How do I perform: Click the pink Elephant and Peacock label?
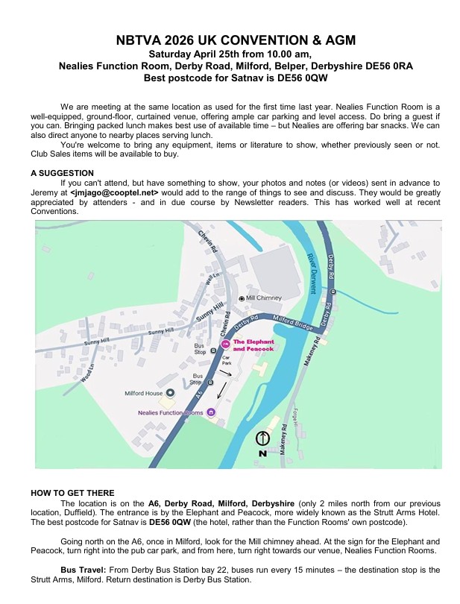253,345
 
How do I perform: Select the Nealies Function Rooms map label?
171,412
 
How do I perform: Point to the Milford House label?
143,393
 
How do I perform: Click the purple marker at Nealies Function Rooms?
212,412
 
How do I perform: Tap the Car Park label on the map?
227,359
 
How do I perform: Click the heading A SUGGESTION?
63,173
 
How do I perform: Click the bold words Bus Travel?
84,570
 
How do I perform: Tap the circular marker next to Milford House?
169,392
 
